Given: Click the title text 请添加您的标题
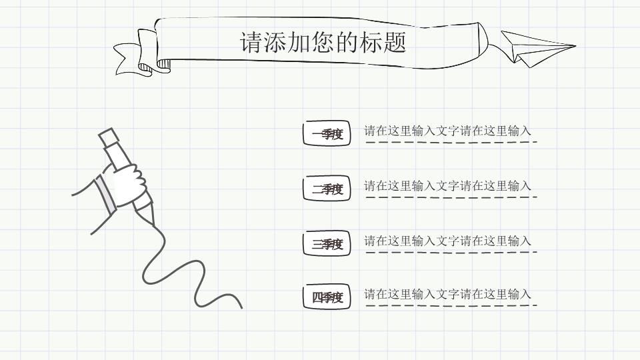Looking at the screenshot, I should [323, 43].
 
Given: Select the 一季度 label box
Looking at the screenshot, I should [327, 134].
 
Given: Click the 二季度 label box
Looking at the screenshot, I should [327, 189].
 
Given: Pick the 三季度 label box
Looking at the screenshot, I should [327, 244].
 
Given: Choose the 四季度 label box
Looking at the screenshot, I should [327, 297].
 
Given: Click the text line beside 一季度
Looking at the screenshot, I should [447, 131].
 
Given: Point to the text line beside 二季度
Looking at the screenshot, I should [447, 186].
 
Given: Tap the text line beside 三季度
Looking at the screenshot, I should [447, 241].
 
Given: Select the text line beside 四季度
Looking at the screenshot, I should [447, 294].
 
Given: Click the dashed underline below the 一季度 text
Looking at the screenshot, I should [451, 142].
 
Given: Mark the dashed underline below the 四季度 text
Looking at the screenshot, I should [451, 306].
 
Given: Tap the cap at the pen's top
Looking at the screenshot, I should [108, 137].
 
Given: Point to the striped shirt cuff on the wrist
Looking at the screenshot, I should [104, 194].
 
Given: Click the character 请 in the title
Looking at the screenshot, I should [251, 43].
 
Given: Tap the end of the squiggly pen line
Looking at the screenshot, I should [241, 307].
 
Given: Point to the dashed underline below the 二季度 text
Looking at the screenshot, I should [451, 197].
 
